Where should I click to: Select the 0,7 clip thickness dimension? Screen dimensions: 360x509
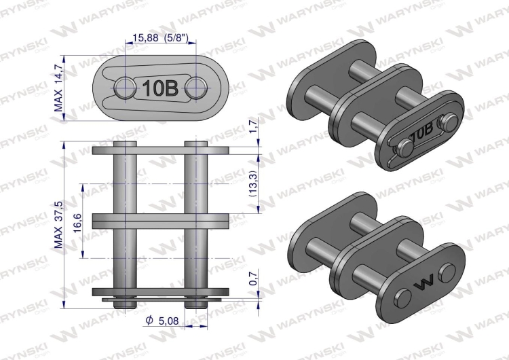(x=253, y=277)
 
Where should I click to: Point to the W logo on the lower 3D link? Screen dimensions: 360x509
(x=426, y=282)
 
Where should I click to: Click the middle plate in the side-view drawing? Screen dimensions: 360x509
(x=159, y=221)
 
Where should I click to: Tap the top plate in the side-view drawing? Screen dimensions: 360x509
(x=159, y=150)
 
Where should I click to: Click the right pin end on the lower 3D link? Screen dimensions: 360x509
(x=447, y=272)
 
